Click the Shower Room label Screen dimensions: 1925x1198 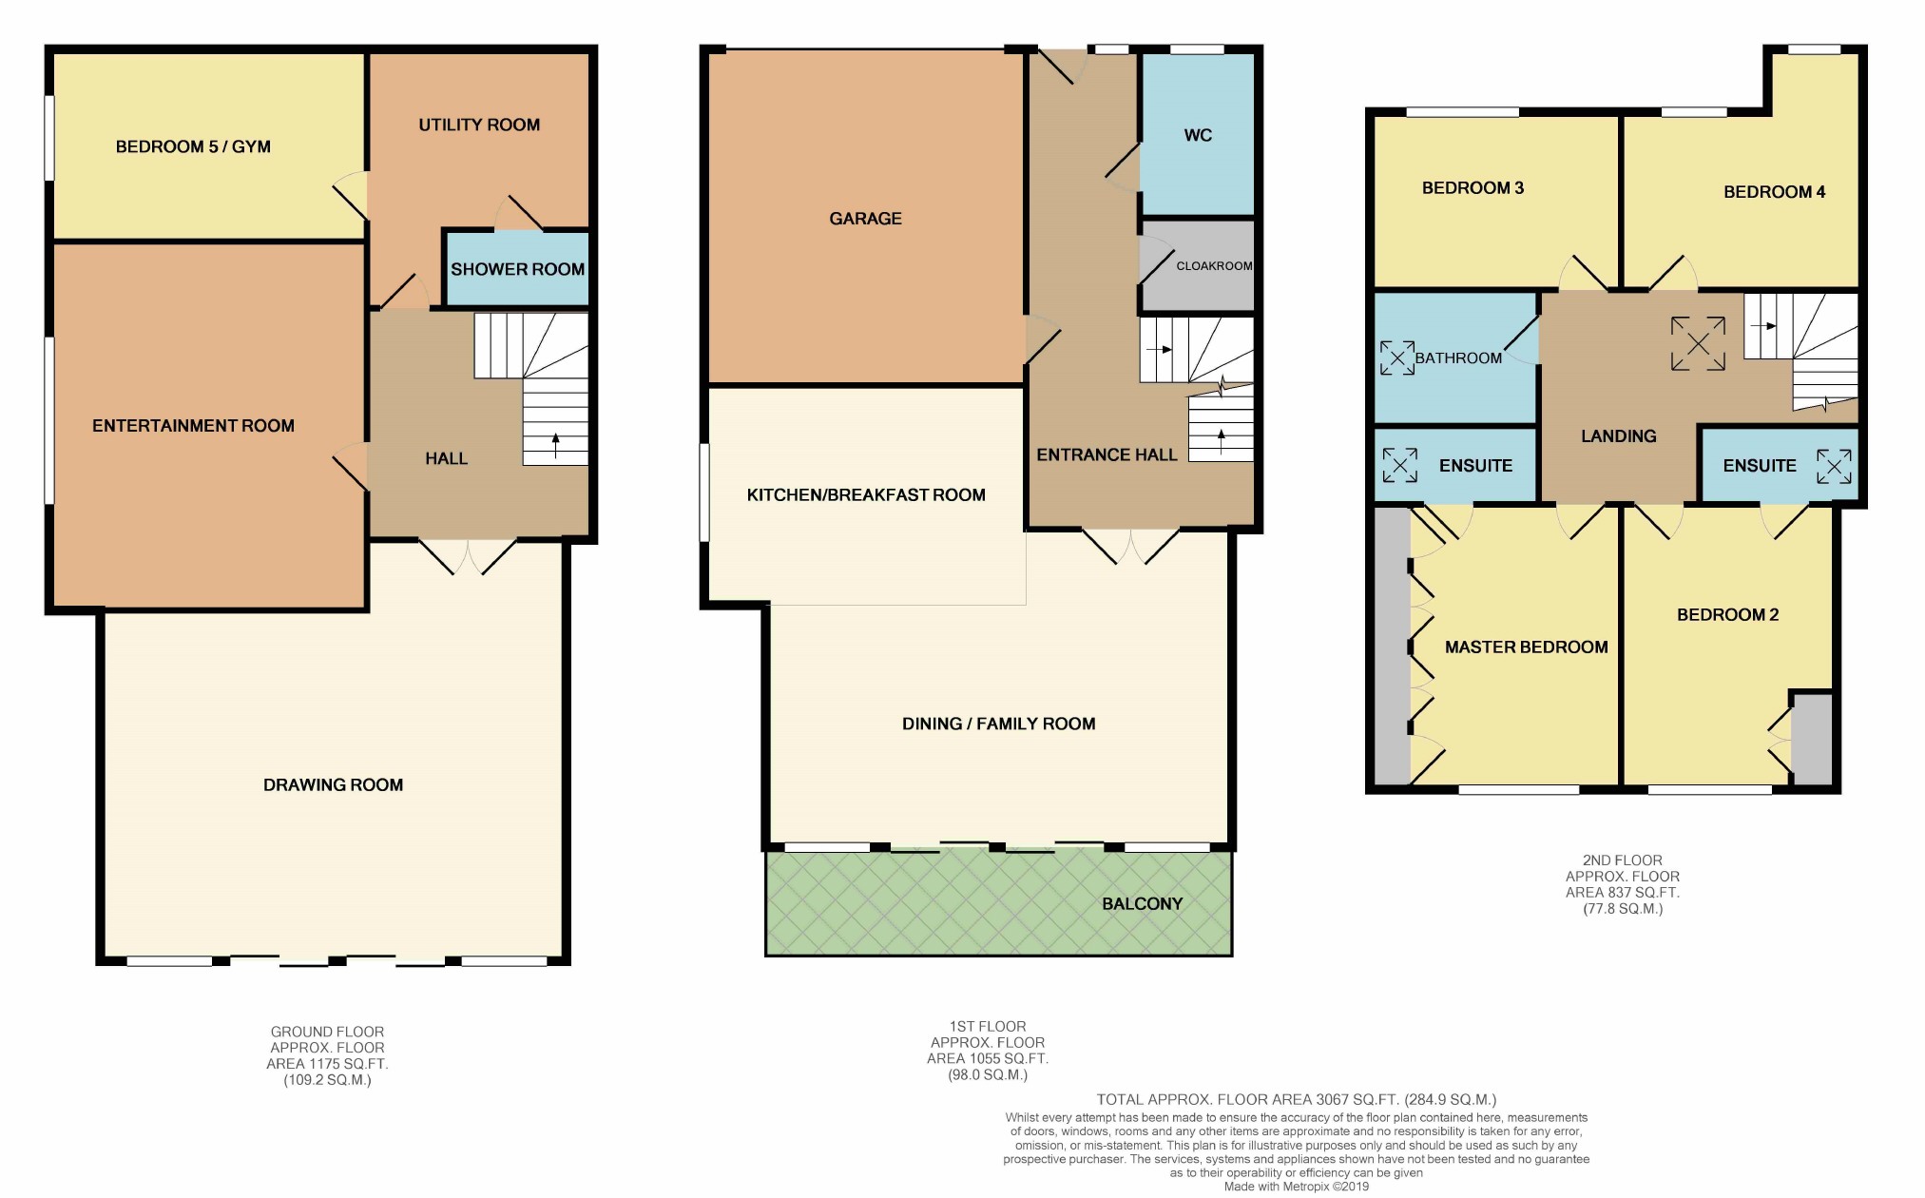517,269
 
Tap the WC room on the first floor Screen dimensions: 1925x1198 1198,135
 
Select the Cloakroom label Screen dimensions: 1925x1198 1214,266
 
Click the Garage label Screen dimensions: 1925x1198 865,219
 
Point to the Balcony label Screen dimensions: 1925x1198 1142,903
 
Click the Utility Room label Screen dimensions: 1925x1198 479,125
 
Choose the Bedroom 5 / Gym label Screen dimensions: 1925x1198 193,146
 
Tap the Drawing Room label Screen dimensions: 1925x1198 333,784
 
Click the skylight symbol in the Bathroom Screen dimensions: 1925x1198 1396,357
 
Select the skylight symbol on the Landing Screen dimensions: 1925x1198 1698,343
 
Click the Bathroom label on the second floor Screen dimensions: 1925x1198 1458,358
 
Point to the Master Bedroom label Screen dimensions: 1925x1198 1526,647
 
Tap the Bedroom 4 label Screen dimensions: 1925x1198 1774,192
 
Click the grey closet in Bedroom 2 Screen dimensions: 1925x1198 1812,740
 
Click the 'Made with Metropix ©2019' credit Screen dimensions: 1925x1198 1297,1187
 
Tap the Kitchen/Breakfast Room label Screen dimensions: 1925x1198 866,494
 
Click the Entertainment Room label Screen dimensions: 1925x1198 193,426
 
